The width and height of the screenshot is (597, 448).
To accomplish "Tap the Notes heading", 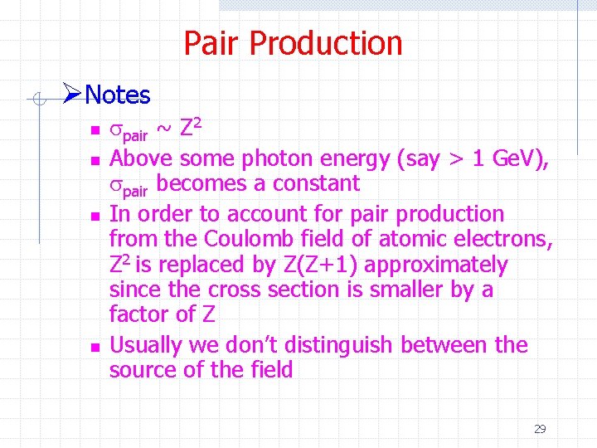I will (x=117, y=95).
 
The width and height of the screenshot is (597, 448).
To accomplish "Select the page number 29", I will (x=540, y=429).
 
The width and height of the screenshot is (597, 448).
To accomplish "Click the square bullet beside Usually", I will (x=95, y=346).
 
